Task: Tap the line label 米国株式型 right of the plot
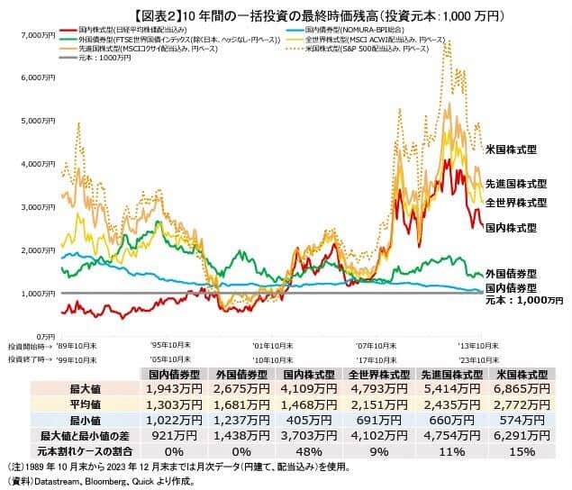coord(511,149)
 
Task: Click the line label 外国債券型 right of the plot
coord(511,272)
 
